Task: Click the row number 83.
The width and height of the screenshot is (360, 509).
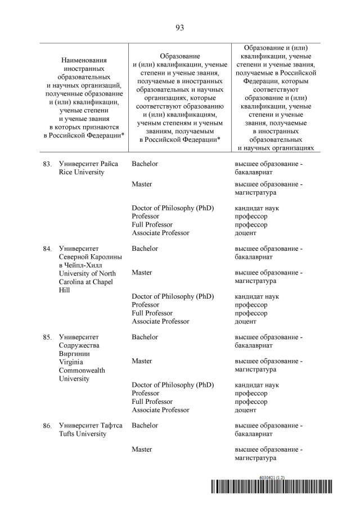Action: [x=47, y=164]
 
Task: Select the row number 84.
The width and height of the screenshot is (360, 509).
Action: [x=47, y=248]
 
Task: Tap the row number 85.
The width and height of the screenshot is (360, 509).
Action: [x=47, y=337]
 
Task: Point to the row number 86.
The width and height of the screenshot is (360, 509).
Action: [x=47, y=426]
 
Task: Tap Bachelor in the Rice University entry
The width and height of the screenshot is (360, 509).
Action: [x=145, y=164]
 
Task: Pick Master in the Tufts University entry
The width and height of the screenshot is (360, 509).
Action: [x=142, y=449]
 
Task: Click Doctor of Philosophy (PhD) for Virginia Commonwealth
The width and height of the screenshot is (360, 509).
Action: [x=173, y=385]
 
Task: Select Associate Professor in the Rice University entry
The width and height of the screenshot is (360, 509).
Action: [x=160, y=232]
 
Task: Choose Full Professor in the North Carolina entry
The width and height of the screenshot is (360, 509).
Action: [x=152, y=313]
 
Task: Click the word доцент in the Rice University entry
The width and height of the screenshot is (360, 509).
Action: [x=245, y=233]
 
